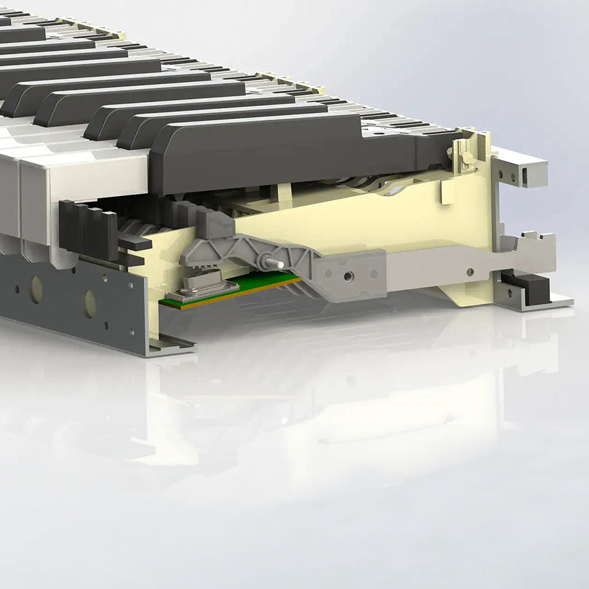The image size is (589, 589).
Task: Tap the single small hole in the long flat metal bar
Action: pos(470,271)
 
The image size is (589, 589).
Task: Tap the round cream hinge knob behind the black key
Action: pos(465,159)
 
